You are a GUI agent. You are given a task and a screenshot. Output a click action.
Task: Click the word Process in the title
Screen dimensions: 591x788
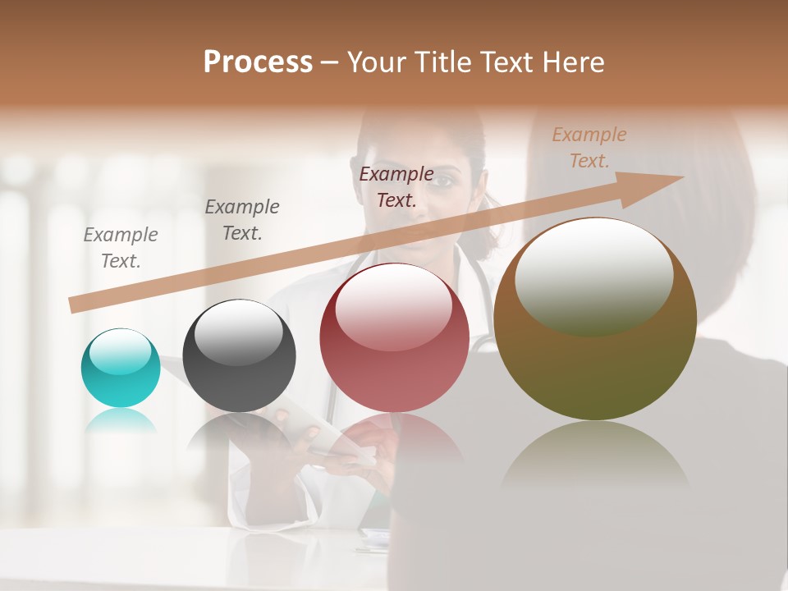tap(258, 62)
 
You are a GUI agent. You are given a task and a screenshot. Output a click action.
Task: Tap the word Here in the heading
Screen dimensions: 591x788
tap(572, 62)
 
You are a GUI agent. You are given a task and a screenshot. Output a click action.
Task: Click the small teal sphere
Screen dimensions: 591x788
tap(121, 368)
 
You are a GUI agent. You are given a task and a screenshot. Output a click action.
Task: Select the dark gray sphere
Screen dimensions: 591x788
tap(239, 356)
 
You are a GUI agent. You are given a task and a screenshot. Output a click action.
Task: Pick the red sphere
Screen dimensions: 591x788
tap(394, 338)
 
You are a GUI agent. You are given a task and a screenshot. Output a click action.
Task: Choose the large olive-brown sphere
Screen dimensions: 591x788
tap(595, 320)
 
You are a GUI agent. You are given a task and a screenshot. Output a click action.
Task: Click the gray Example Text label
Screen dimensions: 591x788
tap(121, 247)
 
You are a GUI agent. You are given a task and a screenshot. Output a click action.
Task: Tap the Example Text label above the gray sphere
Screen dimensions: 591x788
tap(242, 219)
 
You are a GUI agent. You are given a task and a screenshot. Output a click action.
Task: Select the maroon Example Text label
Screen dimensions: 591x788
tap(396, 186)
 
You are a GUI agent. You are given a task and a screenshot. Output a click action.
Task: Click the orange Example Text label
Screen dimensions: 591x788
tap(589, 148)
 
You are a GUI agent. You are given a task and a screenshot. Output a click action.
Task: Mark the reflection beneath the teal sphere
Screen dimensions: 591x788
tap(121, 420)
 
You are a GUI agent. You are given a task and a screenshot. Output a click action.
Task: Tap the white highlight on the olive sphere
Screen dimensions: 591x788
tap(593, 275)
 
